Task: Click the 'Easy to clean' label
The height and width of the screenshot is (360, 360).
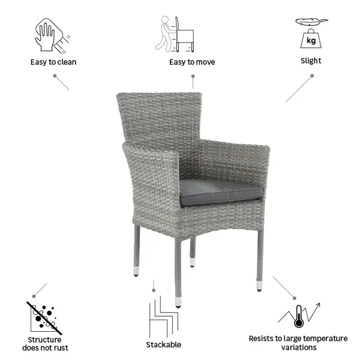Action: coord(53,62)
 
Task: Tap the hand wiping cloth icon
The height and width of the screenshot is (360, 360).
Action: coord(52,36)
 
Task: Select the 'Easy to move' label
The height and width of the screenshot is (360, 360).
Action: coord(192,62)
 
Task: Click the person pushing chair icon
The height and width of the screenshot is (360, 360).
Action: coord(175,34)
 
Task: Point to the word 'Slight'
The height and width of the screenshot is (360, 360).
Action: coord(311,61)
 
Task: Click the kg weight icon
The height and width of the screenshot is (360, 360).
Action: coord(311,39)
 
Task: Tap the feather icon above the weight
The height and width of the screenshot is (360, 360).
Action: coord(311,22)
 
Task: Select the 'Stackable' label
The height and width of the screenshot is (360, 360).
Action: coord(164,344)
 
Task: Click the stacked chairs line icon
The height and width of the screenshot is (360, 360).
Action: coord(163,317)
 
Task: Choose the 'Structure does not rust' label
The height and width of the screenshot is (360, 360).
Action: coord(45,344)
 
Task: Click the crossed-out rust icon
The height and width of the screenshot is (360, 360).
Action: coord(44,318)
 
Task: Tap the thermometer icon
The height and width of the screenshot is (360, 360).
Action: coord(299,316)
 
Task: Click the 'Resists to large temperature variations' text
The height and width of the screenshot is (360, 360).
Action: coord(298,343)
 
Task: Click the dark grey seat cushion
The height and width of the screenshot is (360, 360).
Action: coord(221,193)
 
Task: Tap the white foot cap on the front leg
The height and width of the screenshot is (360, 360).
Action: coord(178,302)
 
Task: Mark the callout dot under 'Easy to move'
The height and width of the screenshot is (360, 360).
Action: coord(193,76)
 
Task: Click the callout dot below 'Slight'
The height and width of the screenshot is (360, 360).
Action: coord(312,76)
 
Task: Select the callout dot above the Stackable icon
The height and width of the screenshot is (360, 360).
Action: coord(154,290)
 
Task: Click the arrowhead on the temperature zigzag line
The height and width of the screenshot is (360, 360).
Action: coord(318,305)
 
